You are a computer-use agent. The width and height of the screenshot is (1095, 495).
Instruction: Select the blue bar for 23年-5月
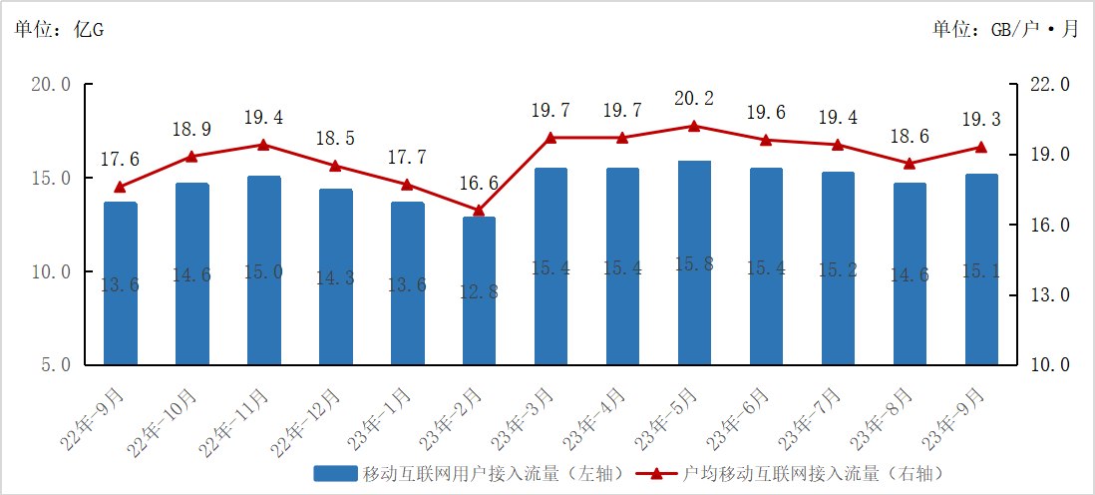pyautogui.click(x=694, y=261)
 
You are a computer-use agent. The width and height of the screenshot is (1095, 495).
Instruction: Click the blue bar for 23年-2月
pyautogui.click(x=479, y=289)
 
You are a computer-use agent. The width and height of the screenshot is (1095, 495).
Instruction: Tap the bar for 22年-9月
pyautogui.click(x=121, y=282)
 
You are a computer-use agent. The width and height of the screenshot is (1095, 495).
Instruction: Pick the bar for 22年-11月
pyautogui.click(x=264, y=269)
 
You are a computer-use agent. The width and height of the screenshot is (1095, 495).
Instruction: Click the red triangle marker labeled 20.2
pyautogui.click(x=694, y=126)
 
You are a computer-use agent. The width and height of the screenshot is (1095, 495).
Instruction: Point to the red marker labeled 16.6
pyautogui.click(x=479, y=211)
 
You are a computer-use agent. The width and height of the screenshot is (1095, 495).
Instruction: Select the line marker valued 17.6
pyautogui.click(x=121, y=187)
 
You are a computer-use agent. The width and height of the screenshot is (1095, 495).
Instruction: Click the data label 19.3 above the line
pyautogui.click(x=981, y=120)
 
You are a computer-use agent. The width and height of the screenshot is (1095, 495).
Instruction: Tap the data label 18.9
pyautogui.click(x=192, y=130)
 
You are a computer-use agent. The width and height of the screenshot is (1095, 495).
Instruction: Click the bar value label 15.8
pyautogui.click(x=694, y=264)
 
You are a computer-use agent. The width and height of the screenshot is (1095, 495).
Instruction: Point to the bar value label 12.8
pyautogui.click(x=479, y=291)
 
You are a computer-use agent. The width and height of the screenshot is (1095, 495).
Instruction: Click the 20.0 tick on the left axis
pyautogui.click(x=51, y=85)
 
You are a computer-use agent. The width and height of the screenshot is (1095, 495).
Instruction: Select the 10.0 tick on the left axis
pyautogui.click(x=51, y=271)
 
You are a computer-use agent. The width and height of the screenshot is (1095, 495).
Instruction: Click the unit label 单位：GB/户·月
pyautogui.click(x=1005, y=29)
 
